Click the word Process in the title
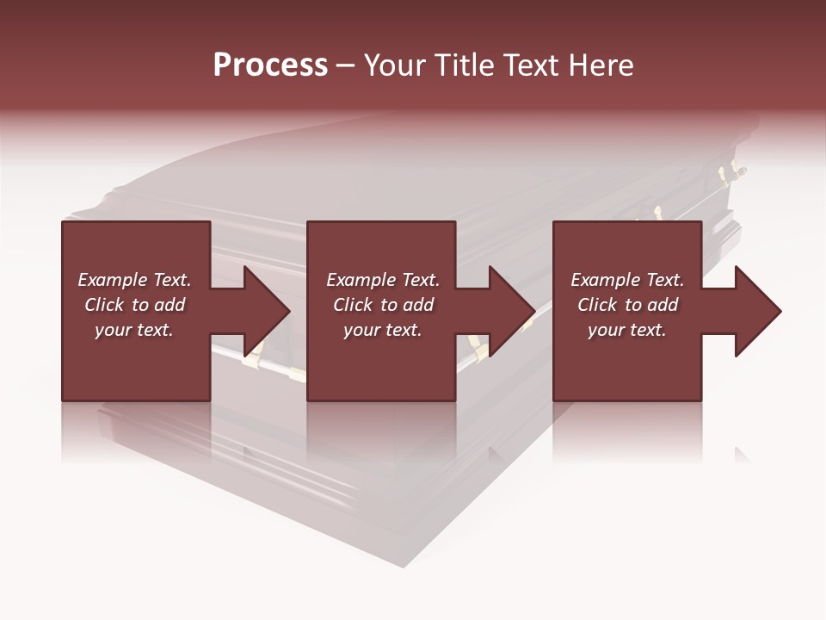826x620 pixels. [270, 65]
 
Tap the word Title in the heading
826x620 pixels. [466, 65]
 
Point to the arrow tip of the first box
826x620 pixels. [288, 311]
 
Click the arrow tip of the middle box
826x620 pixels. [533, 311]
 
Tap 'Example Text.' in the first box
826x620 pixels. [134, 280]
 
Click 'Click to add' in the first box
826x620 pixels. [134, 305]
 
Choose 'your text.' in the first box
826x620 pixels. [134, 330]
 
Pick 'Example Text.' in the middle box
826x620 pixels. [383, 280]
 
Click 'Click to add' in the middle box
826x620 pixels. [383, 305]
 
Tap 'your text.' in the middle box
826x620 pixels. [383, 330]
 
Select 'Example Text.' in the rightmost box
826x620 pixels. [627, 280]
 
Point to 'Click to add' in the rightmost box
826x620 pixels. [627, 305]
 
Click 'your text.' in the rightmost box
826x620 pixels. [627, 330]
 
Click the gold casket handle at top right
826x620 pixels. [732, 171]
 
